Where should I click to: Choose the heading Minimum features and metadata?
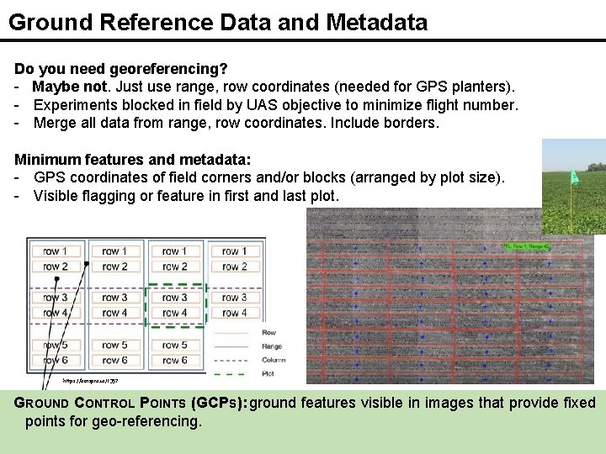coord(134,159)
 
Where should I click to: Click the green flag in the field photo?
coord(574,177)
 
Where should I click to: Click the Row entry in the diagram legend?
coord(269,332)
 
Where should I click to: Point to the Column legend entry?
coord(274,359)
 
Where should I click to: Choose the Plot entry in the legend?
coord(268,372)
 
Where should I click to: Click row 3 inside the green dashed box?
coord(174,298)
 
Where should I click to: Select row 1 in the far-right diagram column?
coord(233,251)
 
